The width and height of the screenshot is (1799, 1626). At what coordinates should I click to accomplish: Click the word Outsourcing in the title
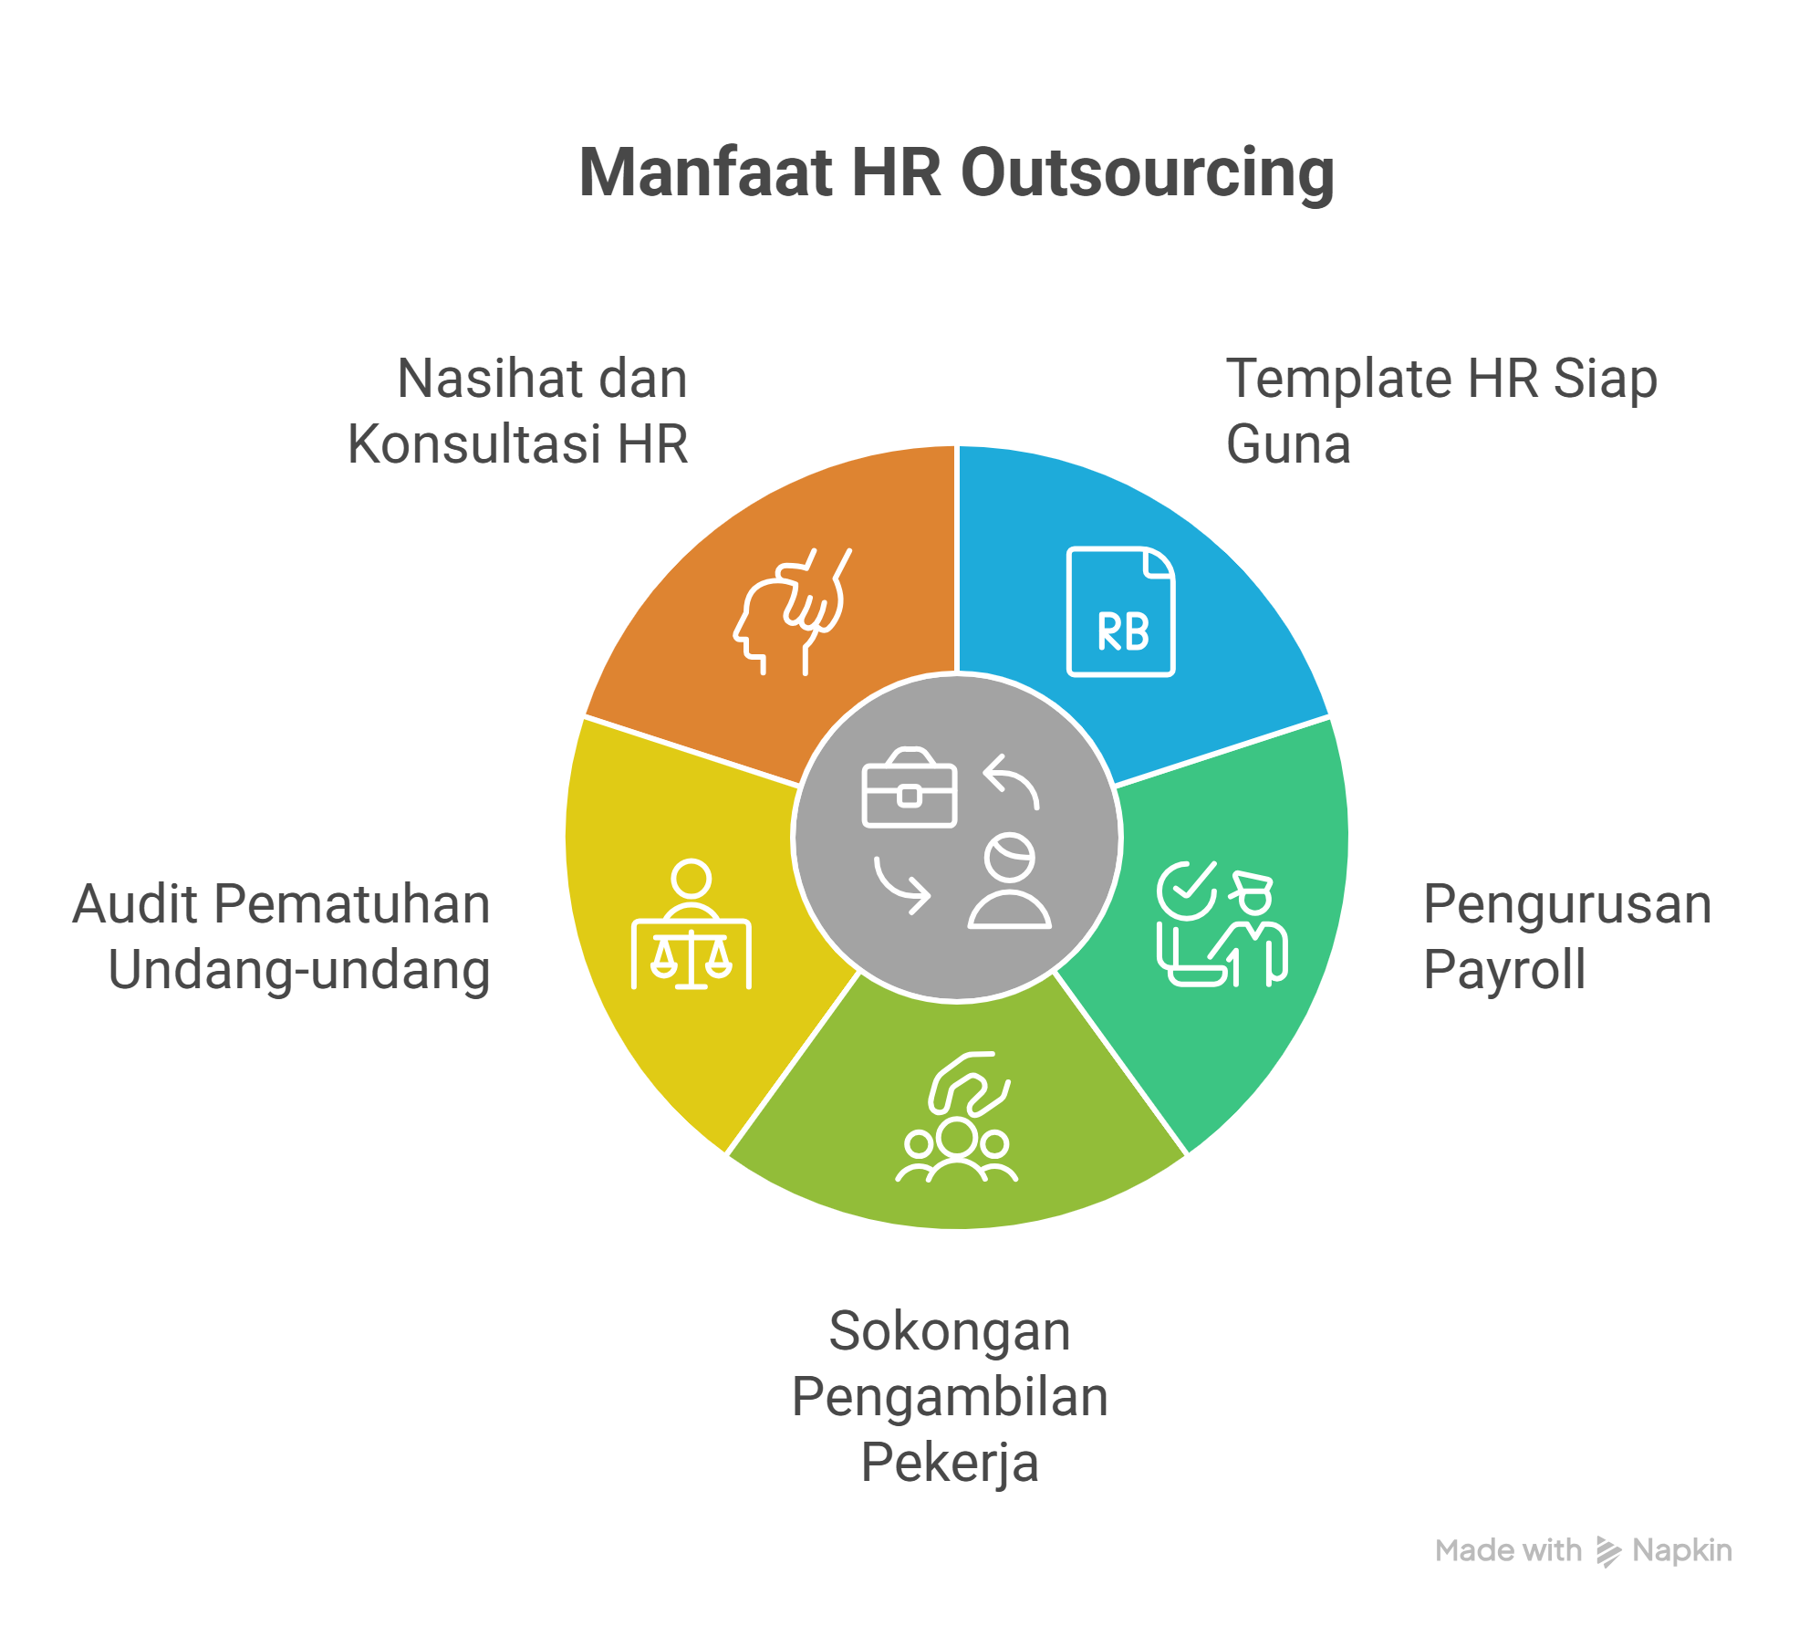[x=1147, y=173]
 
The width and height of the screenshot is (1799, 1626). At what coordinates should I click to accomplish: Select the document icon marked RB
[x=1121, y=611]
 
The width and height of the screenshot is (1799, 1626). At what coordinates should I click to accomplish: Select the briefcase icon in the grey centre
[x=910, y=789]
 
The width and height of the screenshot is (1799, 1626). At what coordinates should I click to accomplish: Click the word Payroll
[x=1503, y=969]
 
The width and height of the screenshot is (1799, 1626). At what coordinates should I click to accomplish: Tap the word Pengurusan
[x=1567, y=904]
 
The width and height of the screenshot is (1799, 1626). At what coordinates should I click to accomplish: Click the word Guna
[x=1287, y=444]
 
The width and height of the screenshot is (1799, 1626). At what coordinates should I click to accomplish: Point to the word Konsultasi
[x=474, y=444]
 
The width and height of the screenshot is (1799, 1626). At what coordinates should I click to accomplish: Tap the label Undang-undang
[x=299, y=970]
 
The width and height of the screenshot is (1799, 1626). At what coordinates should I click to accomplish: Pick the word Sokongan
[x=950, y=1331]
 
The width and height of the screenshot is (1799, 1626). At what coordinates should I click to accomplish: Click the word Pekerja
[x=950, y=1463]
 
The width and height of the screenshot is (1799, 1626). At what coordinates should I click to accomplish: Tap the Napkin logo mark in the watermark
[x=1608, y=1551]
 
